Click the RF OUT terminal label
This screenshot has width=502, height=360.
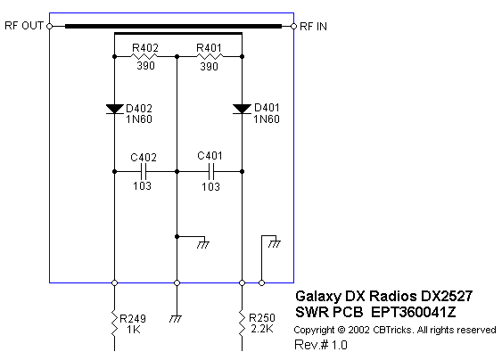click(24, 26)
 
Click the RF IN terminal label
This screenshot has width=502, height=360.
click(314, 26)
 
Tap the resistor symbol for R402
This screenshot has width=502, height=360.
click(144, 57)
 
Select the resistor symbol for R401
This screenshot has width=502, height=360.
click(210, 57)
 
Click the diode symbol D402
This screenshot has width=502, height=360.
click(115, 109)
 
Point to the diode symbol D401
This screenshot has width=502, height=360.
click(242, 109)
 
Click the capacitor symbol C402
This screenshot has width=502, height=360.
click(144, 172)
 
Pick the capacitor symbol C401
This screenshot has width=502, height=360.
click(210, 172)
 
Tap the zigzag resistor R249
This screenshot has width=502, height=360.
click(115, 323)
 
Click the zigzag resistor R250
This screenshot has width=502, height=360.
click(242, 323)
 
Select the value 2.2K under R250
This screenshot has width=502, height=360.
click(262, 329)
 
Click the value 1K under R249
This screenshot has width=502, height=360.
click(133, 330)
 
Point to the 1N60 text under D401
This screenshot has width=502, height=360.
click(267, 119)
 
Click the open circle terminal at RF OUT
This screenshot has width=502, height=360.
click(50, 26)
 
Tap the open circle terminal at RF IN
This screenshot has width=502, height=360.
click(294, 26)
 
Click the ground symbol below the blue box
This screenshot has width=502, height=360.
click(176, 319)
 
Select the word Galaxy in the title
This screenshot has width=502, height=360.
click(318, 297)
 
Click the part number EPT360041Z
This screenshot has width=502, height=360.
click(414, 312)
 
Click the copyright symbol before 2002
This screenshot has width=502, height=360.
click(342, 330)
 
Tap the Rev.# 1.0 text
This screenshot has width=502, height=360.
click(321, 345)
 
